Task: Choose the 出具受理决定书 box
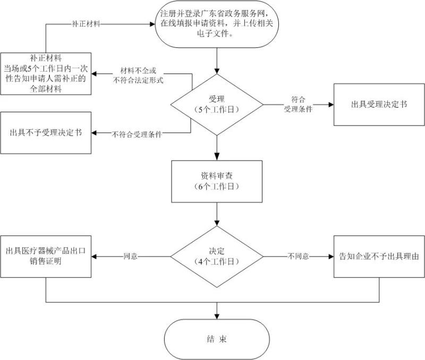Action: pyautogui.click(x=379, y=104)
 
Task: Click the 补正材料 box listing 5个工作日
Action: pyautogui.click(x=47, y=73)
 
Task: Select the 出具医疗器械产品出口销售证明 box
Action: pyautogui.click(x=47, y=256)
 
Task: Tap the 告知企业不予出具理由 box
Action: pyautogui.click(x=379, y=256)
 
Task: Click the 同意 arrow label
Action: pyautogui.click(x=131, y=256)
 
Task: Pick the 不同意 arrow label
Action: pyautogui.click(x=299, y=256)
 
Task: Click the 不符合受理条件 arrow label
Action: pyautogui.click(x=137, y=134)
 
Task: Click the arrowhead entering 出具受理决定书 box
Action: pyautogui.click(x=330, y=104)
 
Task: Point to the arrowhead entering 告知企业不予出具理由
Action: pyautogui.click(x=330, y=256)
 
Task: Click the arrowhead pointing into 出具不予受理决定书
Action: pyautogui.click(x=95, y=132)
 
